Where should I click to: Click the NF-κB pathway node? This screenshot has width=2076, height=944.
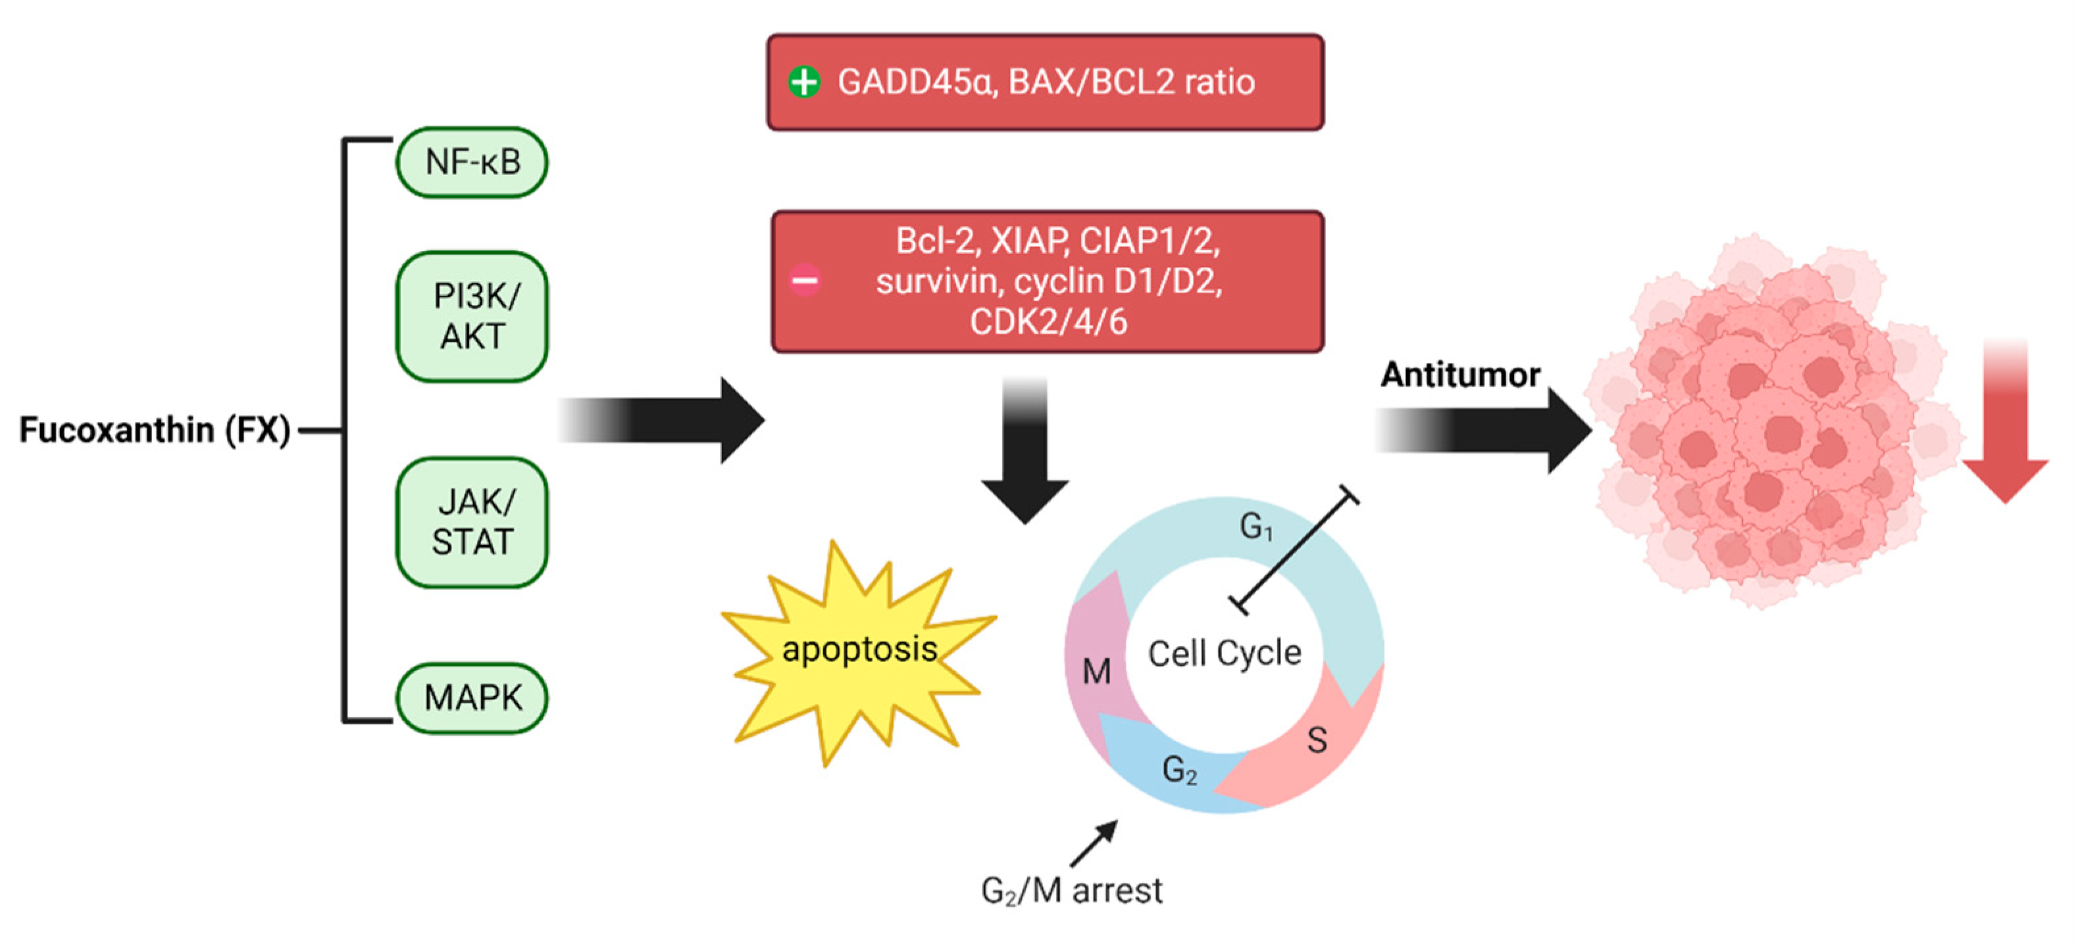[x=472, y=162]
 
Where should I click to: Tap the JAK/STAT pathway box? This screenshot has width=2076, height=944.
[x=472, y=522]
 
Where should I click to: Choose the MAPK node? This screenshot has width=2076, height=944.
[x=472, y=697]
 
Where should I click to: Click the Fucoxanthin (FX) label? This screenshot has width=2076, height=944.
[x=155, y=430]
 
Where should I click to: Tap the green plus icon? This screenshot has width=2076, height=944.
[x=803, y=82]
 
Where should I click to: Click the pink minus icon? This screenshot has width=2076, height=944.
[x=803, y=280]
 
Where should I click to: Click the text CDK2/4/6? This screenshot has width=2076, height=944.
[x=1048, y=322]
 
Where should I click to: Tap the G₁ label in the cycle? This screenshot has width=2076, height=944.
[x=1255, y=528]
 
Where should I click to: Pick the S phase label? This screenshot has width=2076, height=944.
[x=1317, y=740]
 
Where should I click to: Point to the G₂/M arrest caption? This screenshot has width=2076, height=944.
[x=1071, y=891]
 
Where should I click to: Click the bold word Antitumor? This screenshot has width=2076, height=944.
[x=1459, y=375]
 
